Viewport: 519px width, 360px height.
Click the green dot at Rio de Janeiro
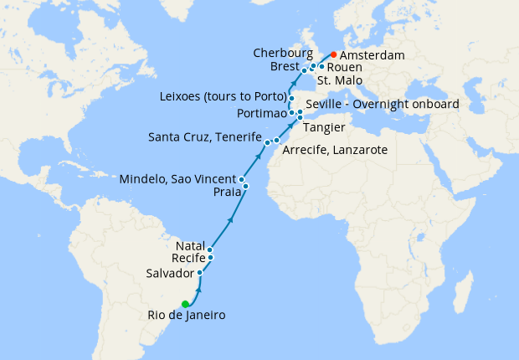pyautogui.click(x=185, y=304)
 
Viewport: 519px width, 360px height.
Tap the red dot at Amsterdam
pyautogui.click(x=334, y=54)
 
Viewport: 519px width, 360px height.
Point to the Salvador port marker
pyautogui.click(x=199, y=273)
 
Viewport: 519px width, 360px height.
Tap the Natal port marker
pyautogui.click(x=210, y=249)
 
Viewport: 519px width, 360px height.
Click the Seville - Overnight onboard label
pyautogui.click(x=383, y=105)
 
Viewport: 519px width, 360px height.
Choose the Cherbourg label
pyautogui.click(x=283, y=53)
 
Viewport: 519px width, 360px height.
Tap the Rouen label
pyautogui.click(x=344, y=66)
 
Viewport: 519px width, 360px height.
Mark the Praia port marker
pyautogui.click(x=246, y=186)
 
